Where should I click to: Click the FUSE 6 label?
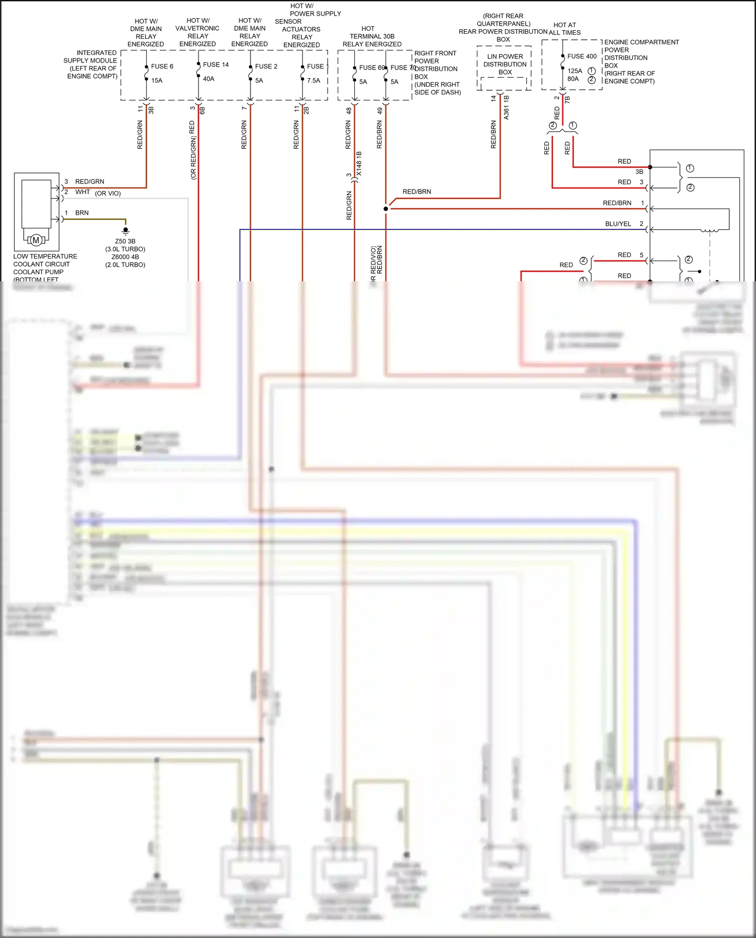coord(162,66)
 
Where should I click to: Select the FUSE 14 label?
coord(216,65)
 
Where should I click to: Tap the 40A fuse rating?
coord(209,79)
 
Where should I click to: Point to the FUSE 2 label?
coord(266,66)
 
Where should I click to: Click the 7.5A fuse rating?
coord(313,80)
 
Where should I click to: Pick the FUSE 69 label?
coord(371,68)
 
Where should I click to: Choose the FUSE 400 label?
coord(582,56)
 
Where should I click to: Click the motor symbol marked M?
coord(36,240)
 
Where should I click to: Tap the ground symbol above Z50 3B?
coord(125,231)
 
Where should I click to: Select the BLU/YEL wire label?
coord(618,224)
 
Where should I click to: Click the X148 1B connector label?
coord(359,163)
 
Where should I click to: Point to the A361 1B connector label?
coord(506,107)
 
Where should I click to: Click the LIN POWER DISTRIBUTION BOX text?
coord(505,64)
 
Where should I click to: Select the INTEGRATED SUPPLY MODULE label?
coord(91,64)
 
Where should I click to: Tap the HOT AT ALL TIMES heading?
coord(564,29)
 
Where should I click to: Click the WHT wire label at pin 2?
coord(83,192)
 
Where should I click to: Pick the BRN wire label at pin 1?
coord(82,213)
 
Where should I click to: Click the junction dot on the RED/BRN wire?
coord(386,209)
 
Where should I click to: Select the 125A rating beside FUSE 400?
coord(575,71)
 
